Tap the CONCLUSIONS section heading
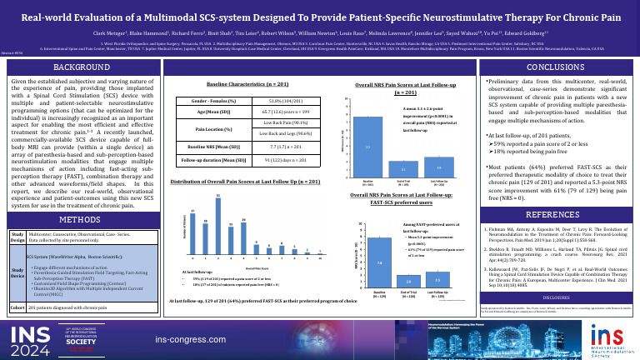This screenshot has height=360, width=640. pyautogui.click(x=545, y=66)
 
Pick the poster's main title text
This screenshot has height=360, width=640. pyautogui.click(x=320, y=17)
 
